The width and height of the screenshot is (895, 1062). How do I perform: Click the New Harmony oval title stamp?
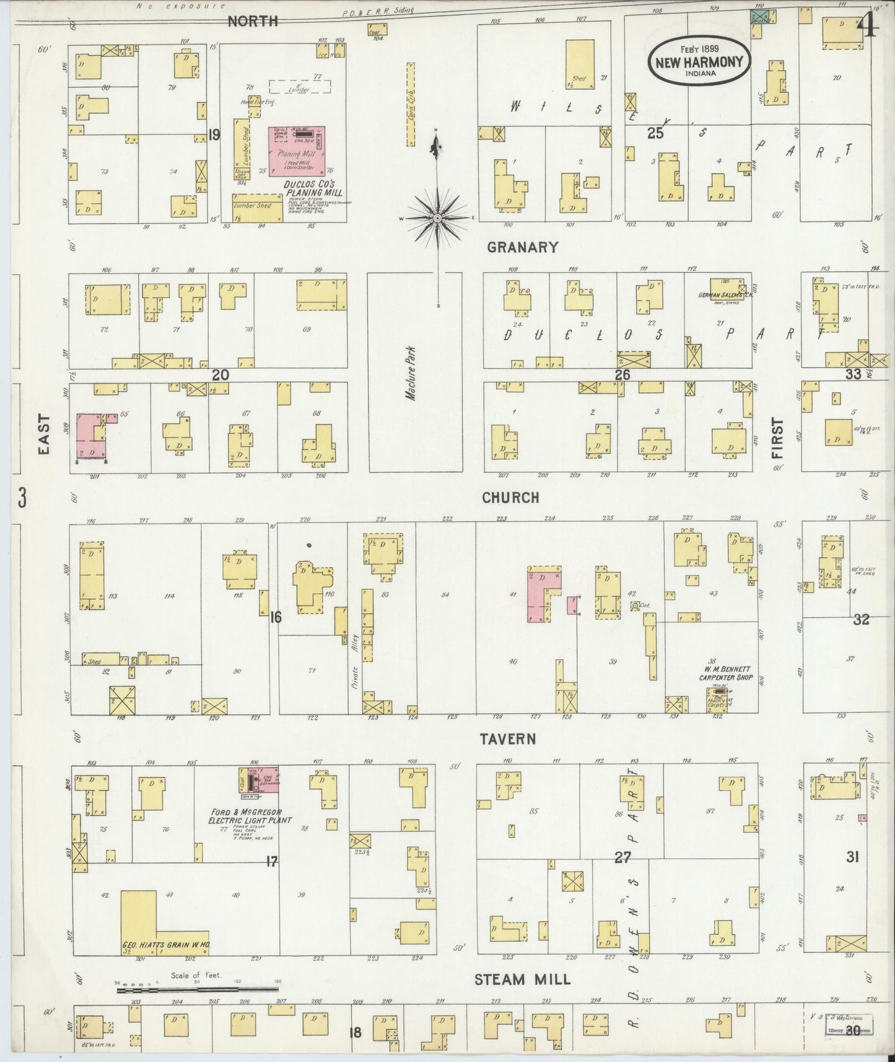(x=699, y=61)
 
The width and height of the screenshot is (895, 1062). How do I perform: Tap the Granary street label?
(x=522, y=247)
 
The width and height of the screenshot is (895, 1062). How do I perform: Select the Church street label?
(x=510, y=498)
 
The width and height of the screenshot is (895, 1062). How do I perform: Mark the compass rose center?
(x=437, y=218)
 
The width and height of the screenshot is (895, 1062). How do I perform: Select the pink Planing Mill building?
(x=297, y=152)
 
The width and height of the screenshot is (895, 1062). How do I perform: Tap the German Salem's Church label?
(x=725, y=296)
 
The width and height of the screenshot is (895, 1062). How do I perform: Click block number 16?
(x=276, y=617)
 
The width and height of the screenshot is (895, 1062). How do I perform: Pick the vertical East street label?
(x=43, y=441)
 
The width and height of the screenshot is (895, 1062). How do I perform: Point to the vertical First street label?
(x=777, y=438)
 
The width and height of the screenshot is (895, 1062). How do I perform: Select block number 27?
(x=622, y=858)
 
